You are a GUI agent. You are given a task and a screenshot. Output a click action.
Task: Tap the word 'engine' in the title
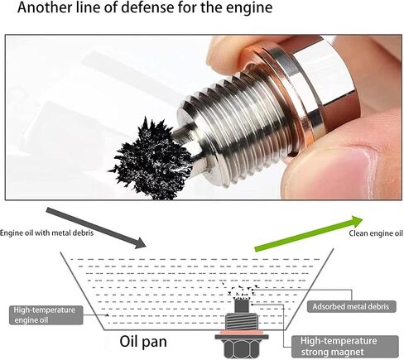point(249,8)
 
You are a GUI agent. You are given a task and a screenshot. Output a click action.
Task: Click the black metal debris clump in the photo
point(151,159)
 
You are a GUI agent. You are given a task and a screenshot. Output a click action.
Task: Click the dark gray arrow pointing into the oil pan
point(95,228)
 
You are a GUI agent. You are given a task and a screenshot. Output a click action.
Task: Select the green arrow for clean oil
point(309,233)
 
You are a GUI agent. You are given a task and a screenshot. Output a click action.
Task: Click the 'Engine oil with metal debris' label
point(46,233)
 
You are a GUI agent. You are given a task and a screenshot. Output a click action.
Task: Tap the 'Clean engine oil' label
point(376,233)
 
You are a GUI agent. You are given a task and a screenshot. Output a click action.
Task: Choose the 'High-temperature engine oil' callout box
point(46,315)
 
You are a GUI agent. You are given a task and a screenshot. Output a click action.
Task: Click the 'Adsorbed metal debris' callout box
point(352,306)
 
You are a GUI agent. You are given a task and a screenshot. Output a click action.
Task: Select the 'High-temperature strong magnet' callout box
point(345,347)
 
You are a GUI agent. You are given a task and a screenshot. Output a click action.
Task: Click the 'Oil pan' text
point(143,342)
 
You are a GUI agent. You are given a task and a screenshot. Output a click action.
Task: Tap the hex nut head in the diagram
point(242,348)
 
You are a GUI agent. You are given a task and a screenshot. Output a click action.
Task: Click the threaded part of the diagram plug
point(242,322)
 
